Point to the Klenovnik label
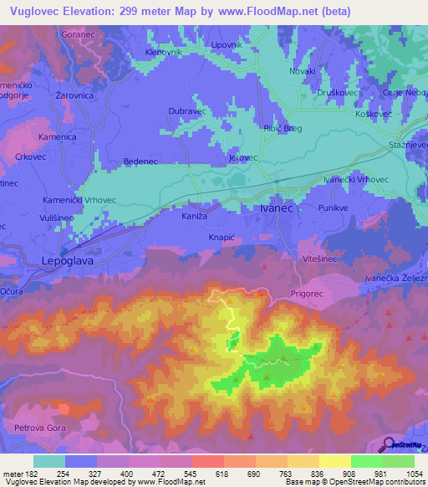click(164, 52)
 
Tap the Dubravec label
click(186, 110)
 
